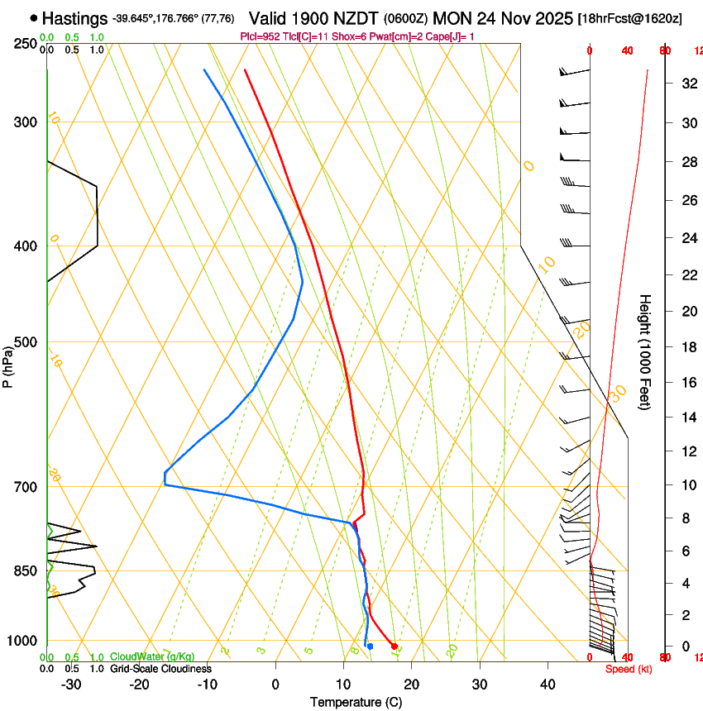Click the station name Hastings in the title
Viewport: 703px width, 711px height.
click(x=74, y=18)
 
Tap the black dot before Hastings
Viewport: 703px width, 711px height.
click(x=33, y=17)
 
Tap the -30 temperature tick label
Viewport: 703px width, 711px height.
click(x=72, y=684)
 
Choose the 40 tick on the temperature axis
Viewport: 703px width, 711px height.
click(x=548, y=684)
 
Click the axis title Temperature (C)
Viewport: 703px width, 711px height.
click(x=356, y=702)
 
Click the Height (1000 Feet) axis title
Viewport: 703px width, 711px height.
click(x=645, y=351)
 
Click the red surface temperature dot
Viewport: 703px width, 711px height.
click(x=395, y=646)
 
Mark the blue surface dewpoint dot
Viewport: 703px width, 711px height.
click(x=371, y=646)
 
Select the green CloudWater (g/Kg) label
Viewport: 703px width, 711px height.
click(x=152, y=657)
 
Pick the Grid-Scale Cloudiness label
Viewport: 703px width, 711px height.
click(x=160, y=668)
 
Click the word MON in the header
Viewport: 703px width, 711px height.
click(x=452, y=17)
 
